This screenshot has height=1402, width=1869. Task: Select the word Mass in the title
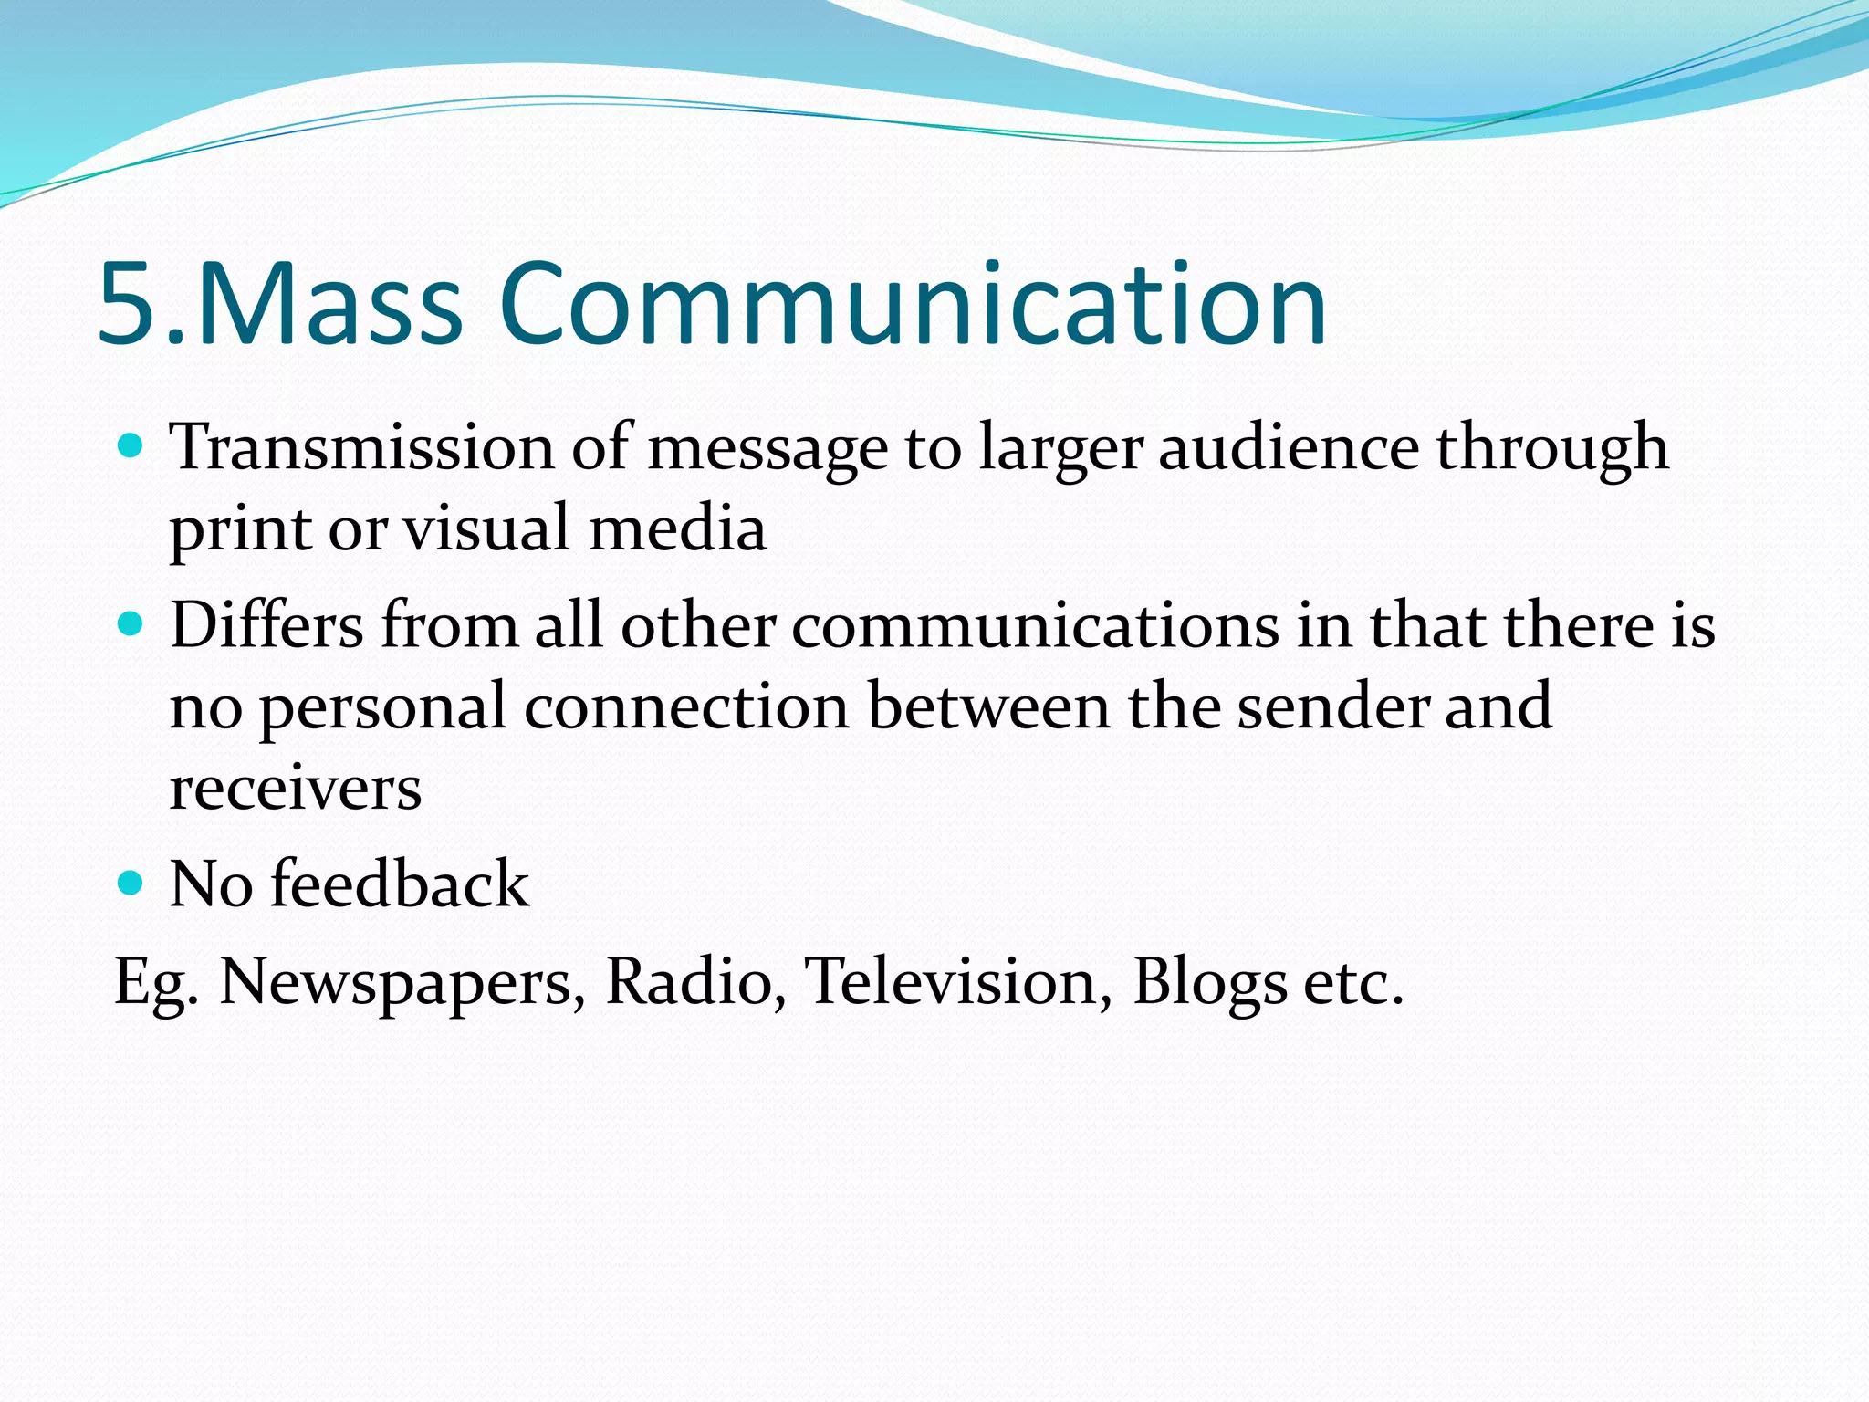tap(329, 305)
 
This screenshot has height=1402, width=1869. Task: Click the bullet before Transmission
tap(131, 446)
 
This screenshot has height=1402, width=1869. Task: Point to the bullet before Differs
tap(131, 625)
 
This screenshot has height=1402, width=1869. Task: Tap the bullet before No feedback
tap(131, 883)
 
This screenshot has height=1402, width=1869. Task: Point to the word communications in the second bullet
tap(1036, 626)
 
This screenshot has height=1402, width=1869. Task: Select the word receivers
tap(296, 788)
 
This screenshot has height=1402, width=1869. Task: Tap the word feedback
tap(400, 884)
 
